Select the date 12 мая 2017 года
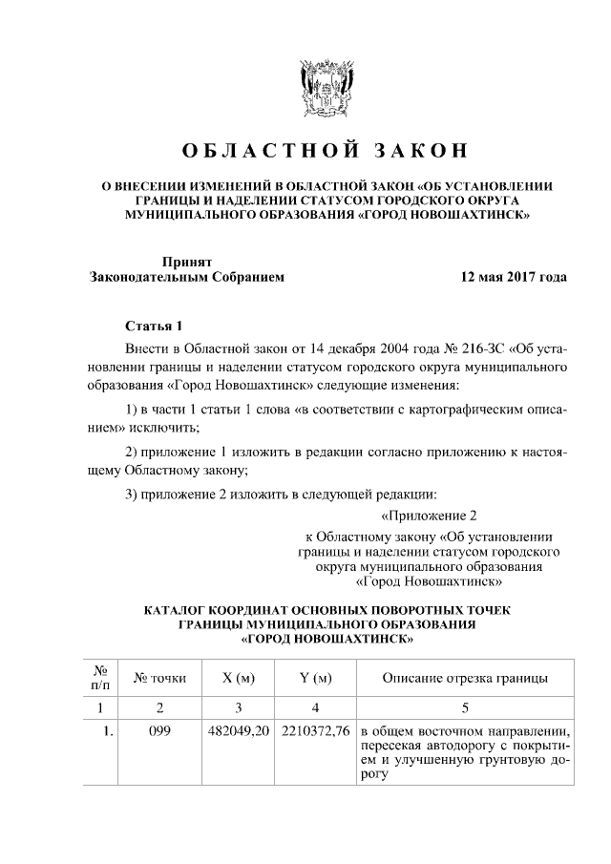[513, 278]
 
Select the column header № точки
[159, 679]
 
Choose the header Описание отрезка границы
[464, 679]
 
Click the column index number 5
[464, 707]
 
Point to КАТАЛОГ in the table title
[180, 609]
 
